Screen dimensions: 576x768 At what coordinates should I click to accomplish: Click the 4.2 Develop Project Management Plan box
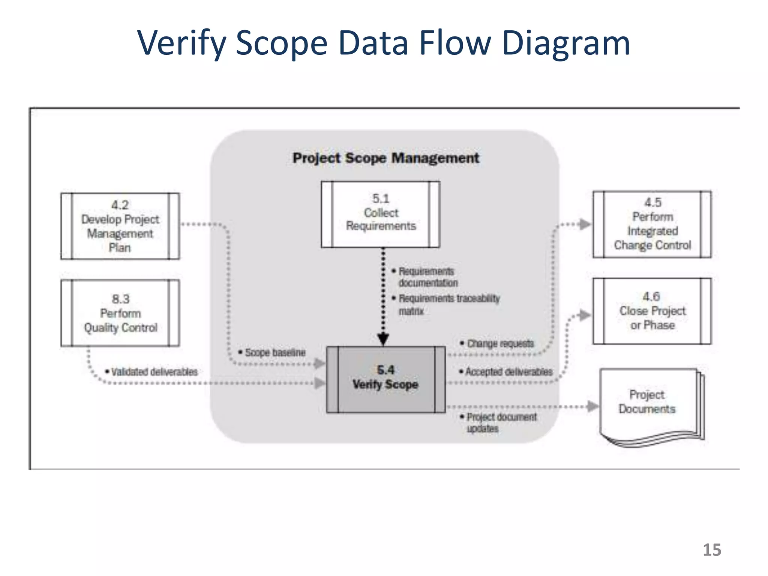(120, 226)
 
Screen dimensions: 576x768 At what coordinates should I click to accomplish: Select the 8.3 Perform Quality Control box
(120, 313)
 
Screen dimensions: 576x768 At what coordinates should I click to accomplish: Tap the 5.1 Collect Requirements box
(381, 214)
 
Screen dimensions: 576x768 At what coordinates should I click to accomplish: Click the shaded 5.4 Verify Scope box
(386, 379)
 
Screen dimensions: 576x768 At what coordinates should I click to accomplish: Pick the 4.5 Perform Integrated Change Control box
(652, 224)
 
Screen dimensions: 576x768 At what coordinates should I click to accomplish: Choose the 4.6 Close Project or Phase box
(652, 311)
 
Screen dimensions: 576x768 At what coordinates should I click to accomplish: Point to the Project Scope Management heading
(385, 158)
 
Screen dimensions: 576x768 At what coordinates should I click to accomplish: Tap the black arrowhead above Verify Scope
(383, 339)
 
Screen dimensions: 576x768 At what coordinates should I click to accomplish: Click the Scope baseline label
(275, 352)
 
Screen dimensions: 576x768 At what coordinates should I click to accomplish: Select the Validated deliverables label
(154, 372)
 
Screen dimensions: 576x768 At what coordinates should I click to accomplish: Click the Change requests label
(500, 343)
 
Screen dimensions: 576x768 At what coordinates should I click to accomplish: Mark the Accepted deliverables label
(508, 372)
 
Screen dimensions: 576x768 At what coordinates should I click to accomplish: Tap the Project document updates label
(501, 422)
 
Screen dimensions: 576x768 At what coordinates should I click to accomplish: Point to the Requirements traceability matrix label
(448, 304)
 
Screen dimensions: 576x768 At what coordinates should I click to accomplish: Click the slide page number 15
(711, 550)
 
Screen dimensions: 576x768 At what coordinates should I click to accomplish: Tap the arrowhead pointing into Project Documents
(592, 406)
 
